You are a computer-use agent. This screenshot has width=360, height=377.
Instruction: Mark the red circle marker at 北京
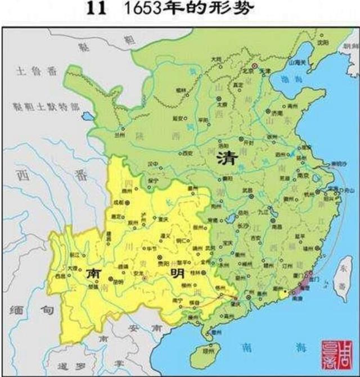(254, 66)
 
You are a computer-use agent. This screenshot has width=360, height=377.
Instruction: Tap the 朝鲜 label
(349, 49)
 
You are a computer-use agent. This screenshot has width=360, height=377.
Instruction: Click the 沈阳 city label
(322, 42)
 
